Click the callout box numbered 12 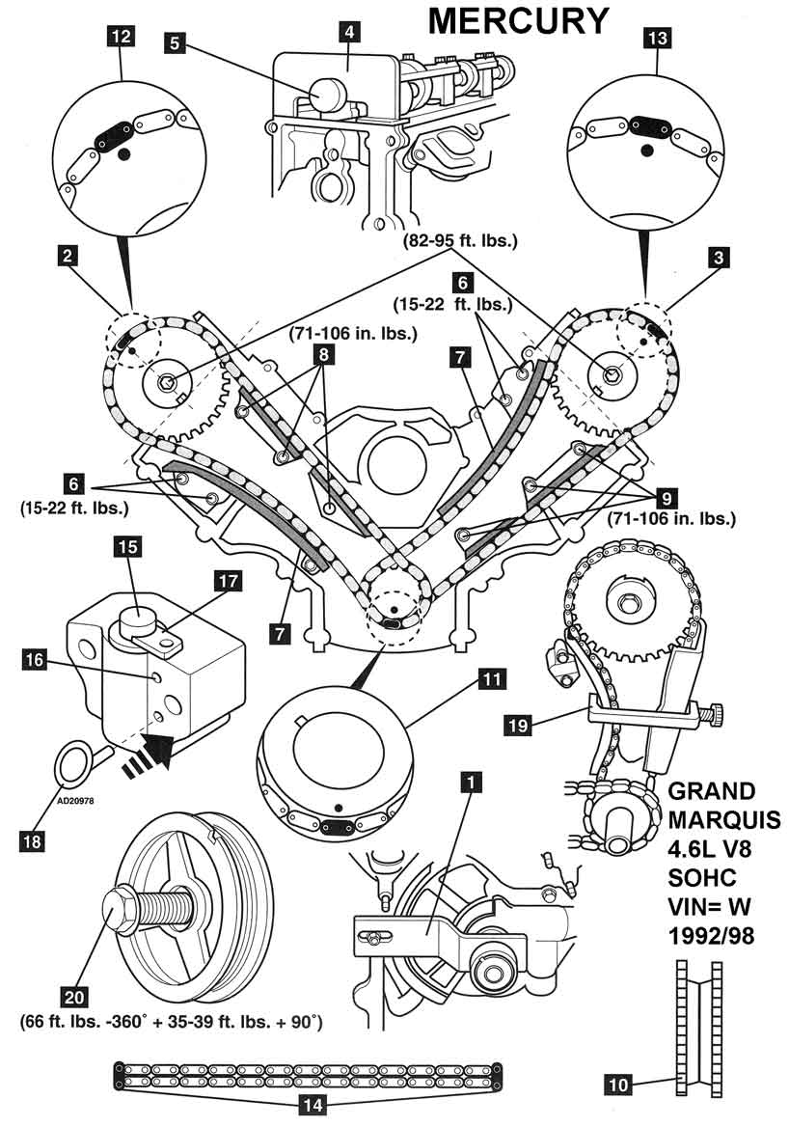click(x=123, y=39)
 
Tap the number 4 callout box click(x=347, y=31)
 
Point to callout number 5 click(x=175, y=42)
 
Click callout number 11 click(x=492, y=679)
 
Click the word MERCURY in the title click(x=518, y=20)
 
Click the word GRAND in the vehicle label click(x=713, y=791)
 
